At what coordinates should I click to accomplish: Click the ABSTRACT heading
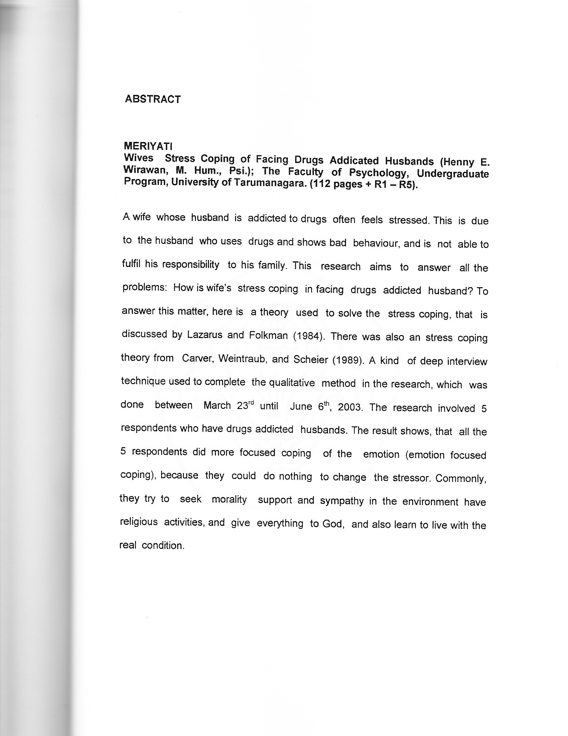click(x=152, y=99)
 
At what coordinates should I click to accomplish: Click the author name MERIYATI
click(x=148, y=146)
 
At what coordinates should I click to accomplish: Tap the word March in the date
click(x=217, y=405)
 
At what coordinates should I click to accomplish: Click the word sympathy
click(x=341, y=501)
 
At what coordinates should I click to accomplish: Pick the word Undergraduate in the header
click(x=453, y=174)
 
